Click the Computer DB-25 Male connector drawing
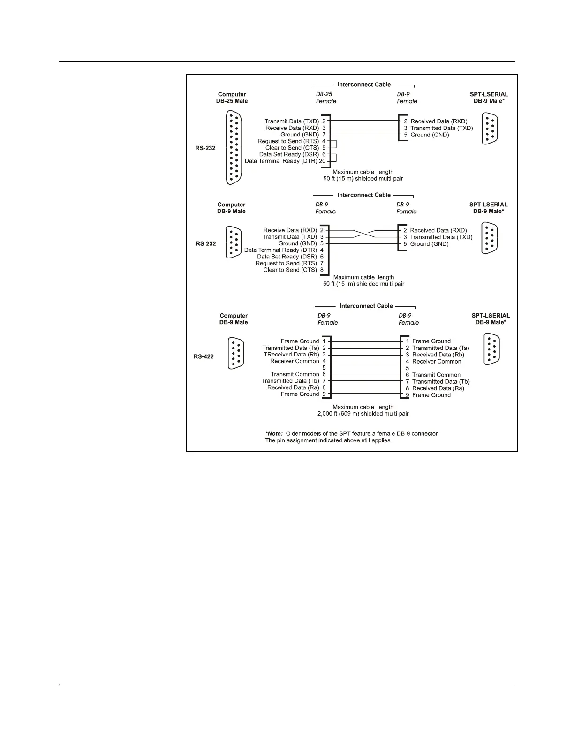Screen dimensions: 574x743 [x=234, y=148]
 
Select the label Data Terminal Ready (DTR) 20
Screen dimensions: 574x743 [x=285, y=161]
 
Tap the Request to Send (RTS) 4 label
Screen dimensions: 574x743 [x=291, y=141]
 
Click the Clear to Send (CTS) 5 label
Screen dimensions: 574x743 [x=295, y=148]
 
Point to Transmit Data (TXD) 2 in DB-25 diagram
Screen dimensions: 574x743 [x=295, y=121]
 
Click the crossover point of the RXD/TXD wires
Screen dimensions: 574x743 [x=364, y=234]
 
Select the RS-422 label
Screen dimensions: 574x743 [x=204, y=356]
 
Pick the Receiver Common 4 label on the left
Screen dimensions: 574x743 [x=298, y=361]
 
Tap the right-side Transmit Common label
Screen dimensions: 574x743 [x=436, y=375]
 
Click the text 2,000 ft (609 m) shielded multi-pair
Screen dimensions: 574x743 [x=363, y=414]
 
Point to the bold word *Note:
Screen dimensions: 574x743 [x=274, y=433]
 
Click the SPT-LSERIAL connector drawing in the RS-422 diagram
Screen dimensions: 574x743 [x=491, y=349]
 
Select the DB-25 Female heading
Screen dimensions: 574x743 [x=326, y=98]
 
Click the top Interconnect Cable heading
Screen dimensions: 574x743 [x=364, y=85]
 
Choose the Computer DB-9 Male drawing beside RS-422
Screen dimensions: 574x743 [x=235, y=353]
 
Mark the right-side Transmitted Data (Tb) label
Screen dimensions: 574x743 [x=440, y=381]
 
